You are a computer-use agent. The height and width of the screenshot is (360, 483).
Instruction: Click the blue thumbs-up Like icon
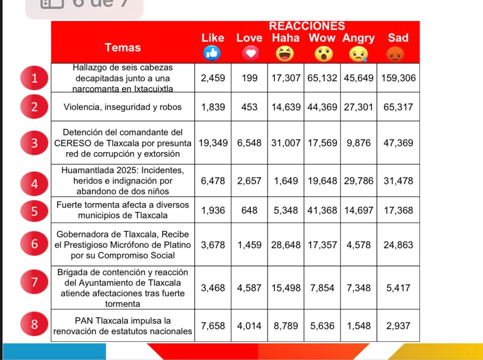(213, 53)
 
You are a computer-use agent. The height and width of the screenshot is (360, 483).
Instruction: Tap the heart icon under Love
(249, 54)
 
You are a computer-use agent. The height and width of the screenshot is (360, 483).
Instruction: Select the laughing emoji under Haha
(285, 54)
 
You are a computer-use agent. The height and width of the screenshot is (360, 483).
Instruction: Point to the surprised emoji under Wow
(322, 54)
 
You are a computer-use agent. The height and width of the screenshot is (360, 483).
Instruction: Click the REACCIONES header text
(307, 26)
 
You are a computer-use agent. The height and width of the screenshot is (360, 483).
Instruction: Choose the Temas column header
(123, 48)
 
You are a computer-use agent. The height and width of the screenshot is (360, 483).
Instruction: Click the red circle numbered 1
(35, 78)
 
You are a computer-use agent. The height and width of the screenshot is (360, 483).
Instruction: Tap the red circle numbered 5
(35, 210)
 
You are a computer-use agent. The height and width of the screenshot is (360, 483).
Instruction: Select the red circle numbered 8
(35, 325)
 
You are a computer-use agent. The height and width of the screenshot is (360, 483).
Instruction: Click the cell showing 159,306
(398, 78)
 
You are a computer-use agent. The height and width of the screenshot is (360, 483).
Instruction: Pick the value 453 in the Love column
(249, 107)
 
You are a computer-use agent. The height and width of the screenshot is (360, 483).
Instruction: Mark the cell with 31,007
(286, 142)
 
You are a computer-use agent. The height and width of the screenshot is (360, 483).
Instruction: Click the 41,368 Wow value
(322, 210)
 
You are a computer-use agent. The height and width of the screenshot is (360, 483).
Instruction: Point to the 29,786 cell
(359, 181)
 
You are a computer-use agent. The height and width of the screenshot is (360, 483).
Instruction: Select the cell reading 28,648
(286, 245)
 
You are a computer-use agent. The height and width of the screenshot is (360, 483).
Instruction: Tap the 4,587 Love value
(249, 288)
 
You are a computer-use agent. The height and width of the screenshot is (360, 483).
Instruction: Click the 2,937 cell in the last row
(398, 326)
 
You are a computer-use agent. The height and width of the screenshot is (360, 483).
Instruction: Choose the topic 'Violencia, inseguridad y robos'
(122, 107)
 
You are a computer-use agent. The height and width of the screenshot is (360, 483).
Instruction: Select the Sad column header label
(398, 38)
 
